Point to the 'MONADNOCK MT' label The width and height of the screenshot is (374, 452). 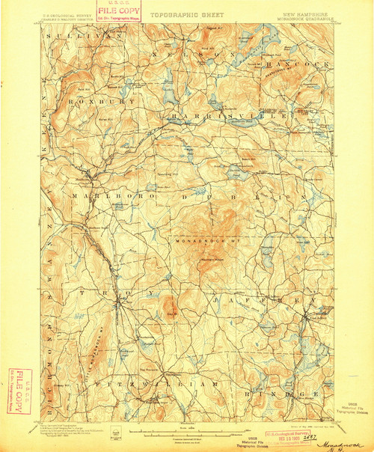[x=204, y=241]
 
